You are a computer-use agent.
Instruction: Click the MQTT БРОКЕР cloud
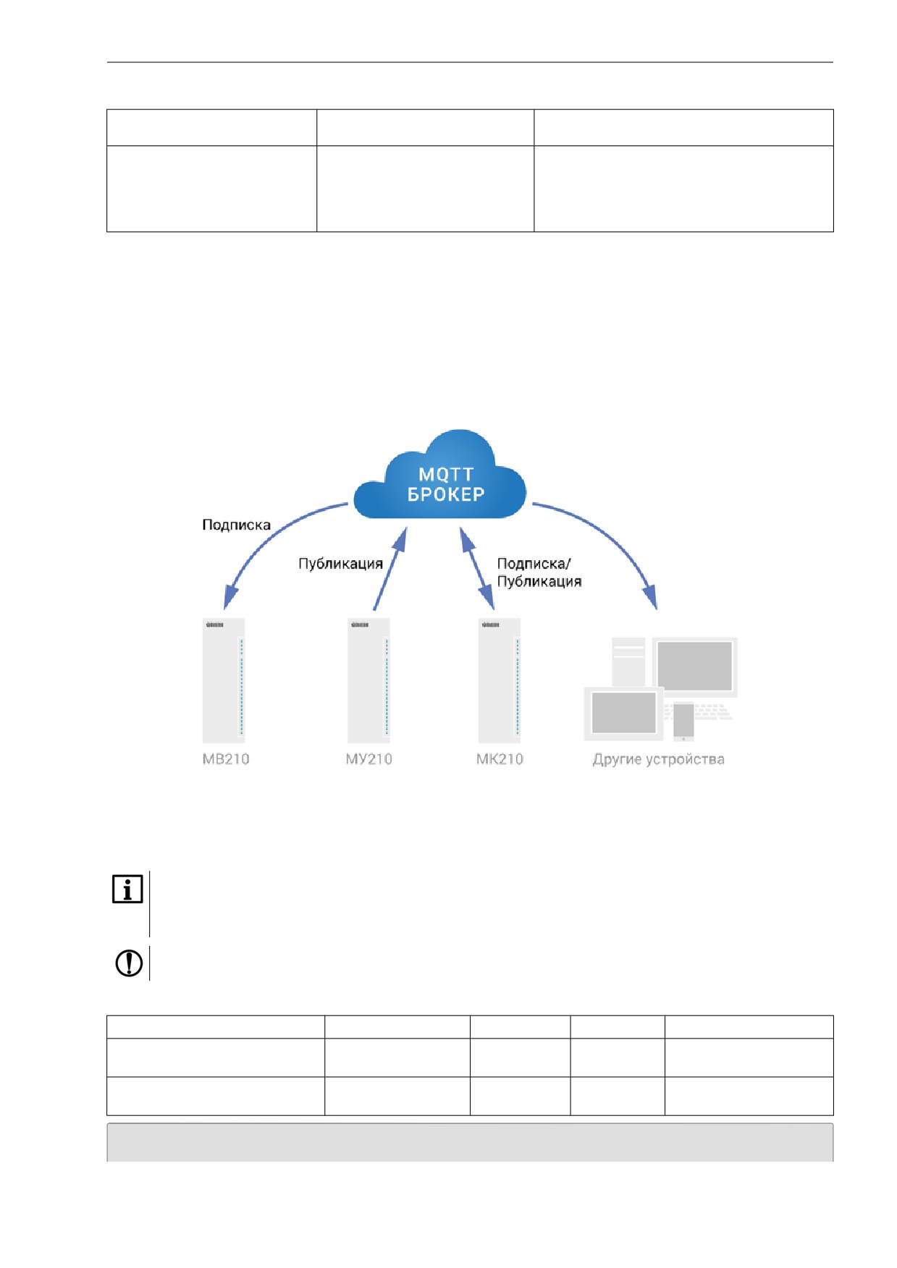[439, 475]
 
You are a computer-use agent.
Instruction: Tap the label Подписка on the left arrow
[236, 525]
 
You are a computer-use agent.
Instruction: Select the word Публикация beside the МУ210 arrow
[340, 564]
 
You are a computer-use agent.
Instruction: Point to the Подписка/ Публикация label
[539, 572]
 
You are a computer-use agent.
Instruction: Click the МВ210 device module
[224, 680]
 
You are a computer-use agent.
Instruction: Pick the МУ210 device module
[369, 680]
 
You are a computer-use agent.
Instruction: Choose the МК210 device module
[500, 680]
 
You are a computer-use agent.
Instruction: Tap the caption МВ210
[226, 759]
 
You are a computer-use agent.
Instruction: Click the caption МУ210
[369, 759]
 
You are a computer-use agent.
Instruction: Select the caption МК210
[500, 759]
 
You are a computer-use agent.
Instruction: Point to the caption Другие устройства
[659, 759]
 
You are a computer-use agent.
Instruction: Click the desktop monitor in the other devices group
[695, 667]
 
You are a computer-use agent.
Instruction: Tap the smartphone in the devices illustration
[683, 721]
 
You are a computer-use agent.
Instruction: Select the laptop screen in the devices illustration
[623, 713]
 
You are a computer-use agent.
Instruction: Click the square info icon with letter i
[127, 889]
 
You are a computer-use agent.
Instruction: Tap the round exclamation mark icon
[129, 963]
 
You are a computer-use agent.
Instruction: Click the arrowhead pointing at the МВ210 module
[229, 597]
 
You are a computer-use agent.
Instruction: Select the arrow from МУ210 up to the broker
[389, 569]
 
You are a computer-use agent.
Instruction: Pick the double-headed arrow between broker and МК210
[477, 569]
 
